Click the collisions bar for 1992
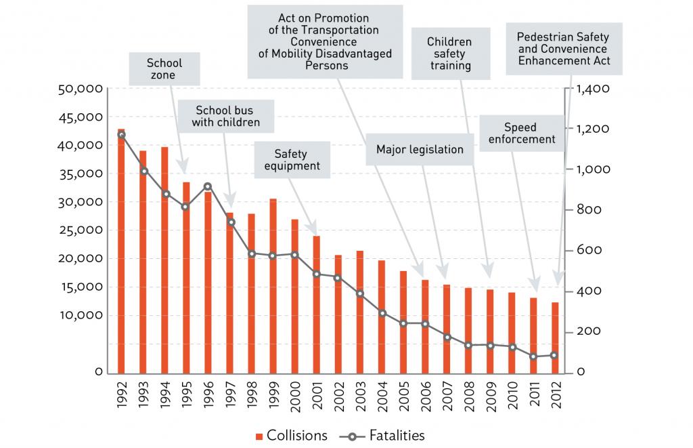click(x=121, y=251)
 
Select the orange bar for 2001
click(x=317, y=304)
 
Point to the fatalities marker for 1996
click(x=208, y=186)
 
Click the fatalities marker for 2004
click(x=382, y=313)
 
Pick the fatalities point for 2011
click(x=533, y=357)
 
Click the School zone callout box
click(x=164, y=69)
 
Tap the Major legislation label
click(x=420, y=149)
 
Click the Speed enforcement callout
click(x=520, y=134)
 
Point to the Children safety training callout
click(x=449, y=54)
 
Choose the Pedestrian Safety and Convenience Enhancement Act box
click(x=563, y=49)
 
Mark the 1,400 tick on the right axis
click(x=592, y=89)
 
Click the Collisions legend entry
click(x=291, y=434)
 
